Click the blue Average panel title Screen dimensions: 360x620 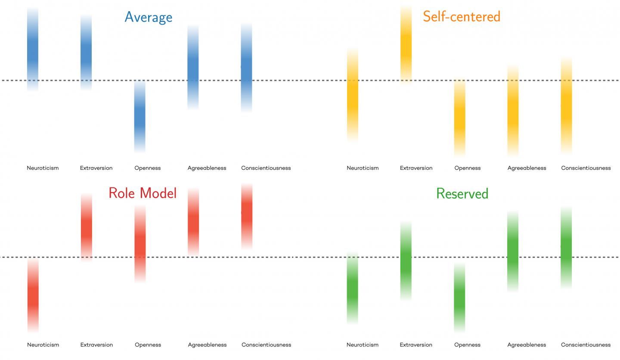click(x=149, y=17)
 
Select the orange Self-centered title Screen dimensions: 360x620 click(x=462, y=17)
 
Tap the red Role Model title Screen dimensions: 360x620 click(x=143, y=193)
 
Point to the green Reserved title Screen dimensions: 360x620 click(x=462, y=194)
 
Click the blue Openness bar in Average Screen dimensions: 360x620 click(x=140, y=116)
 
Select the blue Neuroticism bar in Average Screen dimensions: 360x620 click(x=33, y=50)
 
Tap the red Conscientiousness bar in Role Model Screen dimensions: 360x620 click(x=247, y=216)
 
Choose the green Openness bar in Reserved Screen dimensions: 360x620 click(x=459, y=297)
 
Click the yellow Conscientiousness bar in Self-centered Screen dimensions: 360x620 click(x=567, y=106)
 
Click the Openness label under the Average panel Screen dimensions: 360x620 click(x=148, y=168)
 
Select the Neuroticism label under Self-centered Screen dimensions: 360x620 click(x=363, y=168)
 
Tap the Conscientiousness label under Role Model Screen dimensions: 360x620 click(x=266, y=344)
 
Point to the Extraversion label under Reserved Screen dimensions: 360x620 click(x=416, y=344)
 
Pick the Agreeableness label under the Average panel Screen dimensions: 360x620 click(x=207, y=168)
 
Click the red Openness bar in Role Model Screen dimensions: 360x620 click(x=140, y=243)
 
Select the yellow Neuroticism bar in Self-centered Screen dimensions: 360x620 click(x=353, y=95)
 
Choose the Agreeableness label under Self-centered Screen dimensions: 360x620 click(x=527, y=168)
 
